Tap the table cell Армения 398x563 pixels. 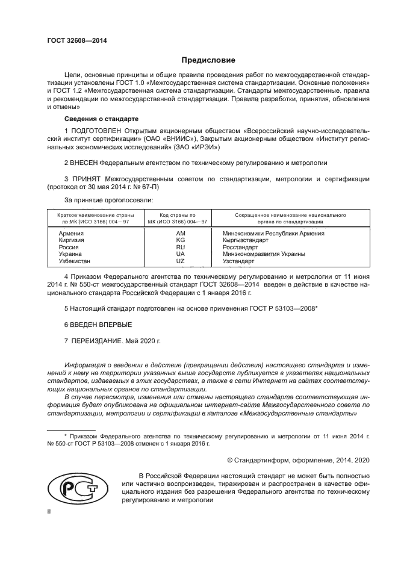click(71, 232)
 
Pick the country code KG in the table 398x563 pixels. click(180, 240)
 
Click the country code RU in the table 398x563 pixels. click(180, 247)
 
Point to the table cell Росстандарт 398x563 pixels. click(240, 247)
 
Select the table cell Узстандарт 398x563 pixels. click(238, 261)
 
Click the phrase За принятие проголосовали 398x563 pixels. click(108, 199)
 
